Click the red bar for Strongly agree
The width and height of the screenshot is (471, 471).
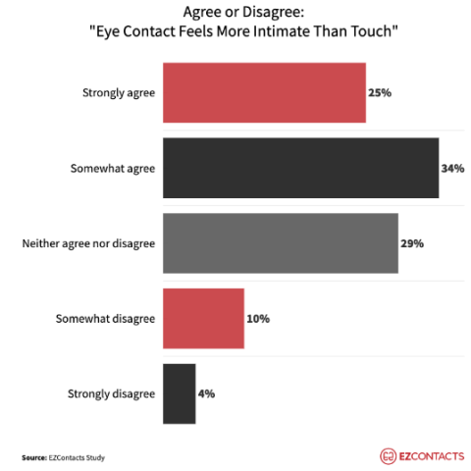[x=263, y=93]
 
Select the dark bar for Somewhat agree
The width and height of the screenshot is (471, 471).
[x=299, y=168]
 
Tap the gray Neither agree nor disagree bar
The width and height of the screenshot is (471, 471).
[x=280, y=242]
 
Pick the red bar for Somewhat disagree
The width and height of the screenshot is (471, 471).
[x=202, y=318]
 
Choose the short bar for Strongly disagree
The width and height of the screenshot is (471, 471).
[x=179, y=392]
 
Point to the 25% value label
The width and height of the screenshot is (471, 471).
[x=382, y=93]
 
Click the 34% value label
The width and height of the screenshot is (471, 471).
[x=452, y=168]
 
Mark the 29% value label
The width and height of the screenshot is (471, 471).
[x=412, y=242]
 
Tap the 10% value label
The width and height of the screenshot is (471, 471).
[x=258, y=318]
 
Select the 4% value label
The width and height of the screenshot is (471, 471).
[x=207, y=392]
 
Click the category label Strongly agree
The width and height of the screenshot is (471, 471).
[x=119, y=93]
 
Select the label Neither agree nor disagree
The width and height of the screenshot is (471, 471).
[x=88, y=242]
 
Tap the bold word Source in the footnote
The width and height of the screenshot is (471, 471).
[x=34, y=456]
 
